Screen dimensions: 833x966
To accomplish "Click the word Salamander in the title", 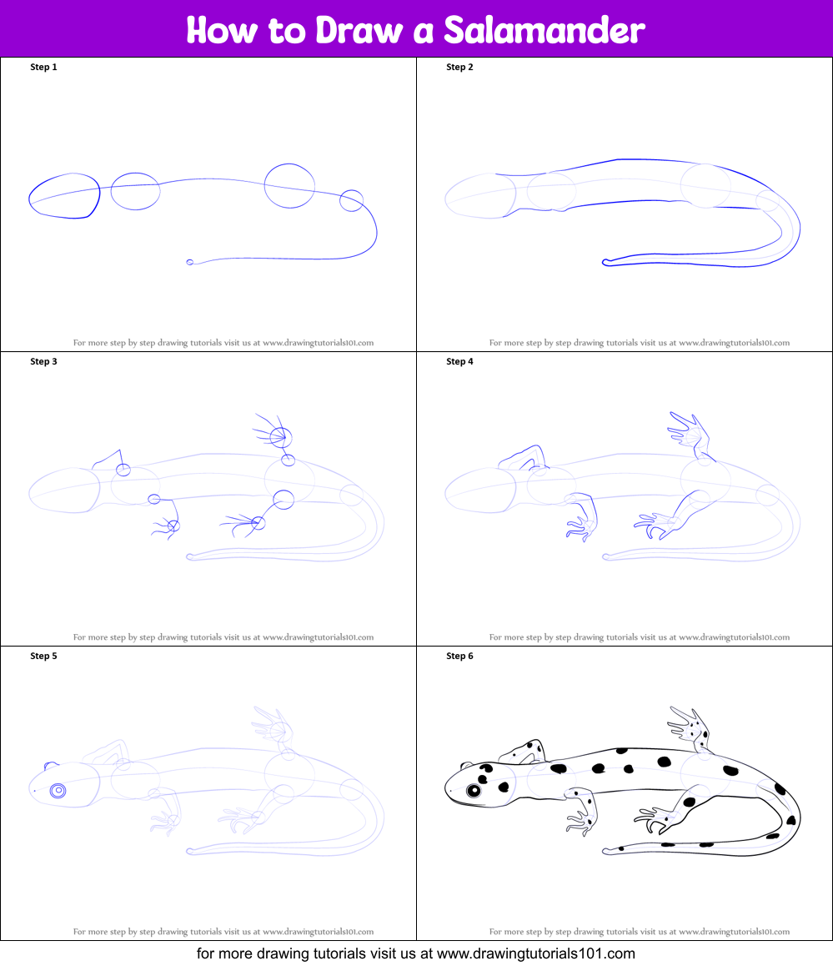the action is click(x=544, y=29).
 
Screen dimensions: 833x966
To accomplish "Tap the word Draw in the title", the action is click(x=359, y=29).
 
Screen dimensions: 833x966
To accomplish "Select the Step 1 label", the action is click(x=43, y=67).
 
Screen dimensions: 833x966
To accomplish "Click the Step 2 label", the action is click(x=460, y=67).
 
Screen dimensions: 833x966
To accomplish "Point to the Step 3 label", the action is click(x=43, y=361).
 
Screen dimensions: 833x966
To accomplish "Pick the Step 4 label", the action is click(x=460, y=361).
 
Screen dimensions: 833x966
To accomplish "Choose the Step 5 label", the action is click(x=43, y=656).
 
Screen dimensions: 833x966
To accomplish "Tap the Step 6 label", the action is click(x=460, y=656).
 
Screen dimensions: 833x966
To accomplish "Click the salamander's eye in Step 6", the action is click(x=474, y=791).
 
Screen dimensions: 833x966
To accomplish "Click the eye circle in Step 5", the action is click(x=58, y=791).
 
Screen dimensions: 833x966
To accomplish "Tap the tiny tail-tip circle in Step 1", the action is click(x=189, y=263).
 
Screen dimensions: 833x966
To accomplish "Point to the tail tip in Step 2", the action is click(x=606, y=263).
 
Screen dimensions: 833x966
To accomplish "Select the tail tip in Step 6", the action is click(x=606, y=851).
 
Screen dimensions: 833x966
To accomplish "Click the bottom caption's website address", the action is click(x=535, y=953).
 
